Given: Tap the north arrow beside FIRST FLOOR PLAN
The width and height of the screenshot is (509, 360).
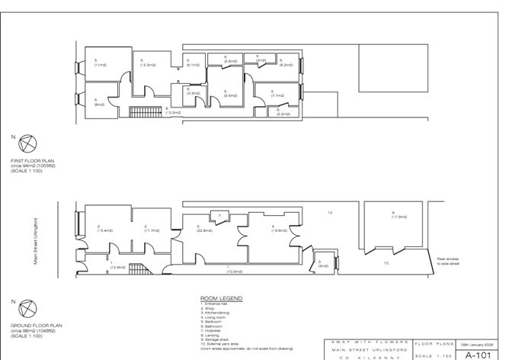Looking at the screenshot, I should point(24,143).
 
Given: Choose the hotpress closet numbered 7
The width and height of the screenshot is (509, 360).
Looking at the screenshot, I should point(219,216).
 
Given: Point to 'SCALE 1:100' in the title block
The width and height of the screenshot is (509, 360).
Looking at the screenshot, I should point(434,355).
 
